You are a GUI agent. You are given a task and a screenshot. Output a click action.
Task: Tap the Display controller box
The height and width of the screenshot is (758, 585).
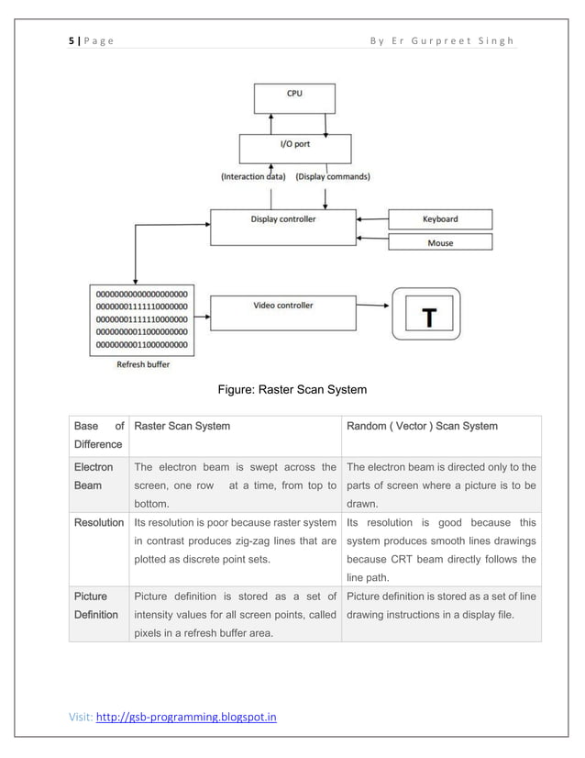[283, 227]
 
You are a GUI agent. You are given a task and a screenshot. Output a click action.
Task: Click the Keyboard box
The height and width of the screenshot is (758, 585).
[440, 219]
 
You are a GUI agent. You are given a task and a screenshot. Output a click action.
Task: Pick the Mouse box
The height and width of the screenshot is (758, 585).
[440, 242]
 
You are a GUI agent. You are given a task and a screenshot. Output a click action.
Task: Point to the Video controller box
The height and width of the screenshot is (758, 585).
[283, 312]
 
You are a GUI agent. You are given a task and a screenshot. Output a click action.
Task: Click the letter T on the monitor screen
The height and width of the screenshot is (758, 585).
[428, 318]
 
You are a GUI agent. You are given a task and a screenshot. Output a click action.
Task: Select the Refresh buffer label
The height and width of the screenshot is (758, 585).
[142, 364]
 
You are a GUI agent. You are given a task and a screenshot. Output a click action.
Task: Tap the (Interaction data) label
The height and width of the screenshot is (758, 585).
[253, 176]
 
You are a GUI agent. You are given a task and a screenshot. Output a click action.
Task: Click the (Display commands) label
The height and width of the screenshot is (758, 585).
[333, 176]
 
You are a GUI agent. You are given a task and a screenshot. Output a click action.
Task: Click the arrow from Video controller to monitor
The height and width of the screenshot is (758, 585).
[374, 306]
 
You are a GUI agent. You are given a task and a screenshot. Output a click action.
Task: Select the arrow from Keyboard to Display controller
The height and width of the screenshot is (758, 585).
[373, 219]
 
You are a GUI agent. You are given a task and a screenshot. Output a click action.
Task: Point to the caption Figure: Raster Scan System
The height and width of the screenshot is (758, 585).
[292, 390]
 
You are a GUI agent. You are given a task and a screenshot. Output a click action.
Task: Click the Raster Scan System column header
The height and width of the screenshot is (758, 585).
[182, 426]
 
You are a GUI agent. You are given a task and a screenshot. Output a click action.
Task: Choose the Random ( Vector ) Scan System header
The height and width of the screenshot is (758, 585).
[422, 426]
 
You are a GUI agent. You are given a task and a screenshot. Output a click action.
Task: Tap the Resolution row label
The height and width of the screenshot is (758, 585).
[99, 522]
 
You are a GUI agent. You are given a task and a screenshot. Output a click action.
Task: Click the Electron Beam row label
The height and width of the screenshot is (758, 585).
[94, 475]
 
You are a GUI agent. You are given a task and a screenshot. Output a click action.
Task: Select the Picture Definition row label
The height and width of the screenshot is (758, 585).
[96, 605]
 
